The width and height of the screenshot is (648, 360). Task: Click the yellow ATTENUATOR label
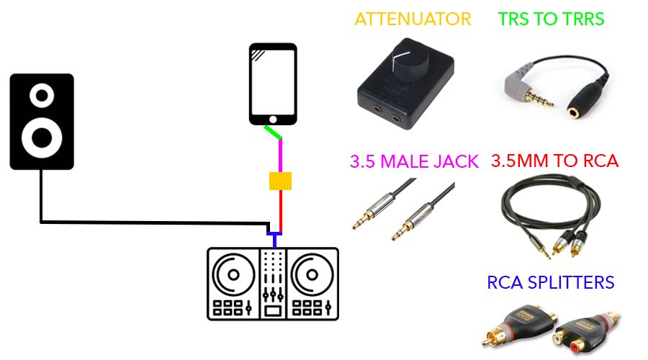click(413, 19)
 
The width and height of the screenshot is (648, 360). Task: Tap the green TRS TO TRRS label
click(552, 19)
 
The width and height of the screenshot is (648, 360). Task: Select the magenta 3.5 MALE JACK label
click(414, 161)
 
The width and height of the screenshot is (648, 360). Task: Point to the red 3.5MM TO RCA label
click(554, 161)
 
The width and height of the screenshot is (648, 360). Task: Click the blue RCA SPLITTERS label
click(551, 282)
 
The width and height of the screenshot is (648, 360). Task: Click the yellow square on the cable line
click(279, 181)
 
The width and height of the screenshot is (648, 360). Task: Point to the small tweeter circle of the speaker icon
click(42, 94)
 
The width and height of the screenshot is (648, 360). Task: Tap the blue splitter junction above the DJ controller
click(274, 235)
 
